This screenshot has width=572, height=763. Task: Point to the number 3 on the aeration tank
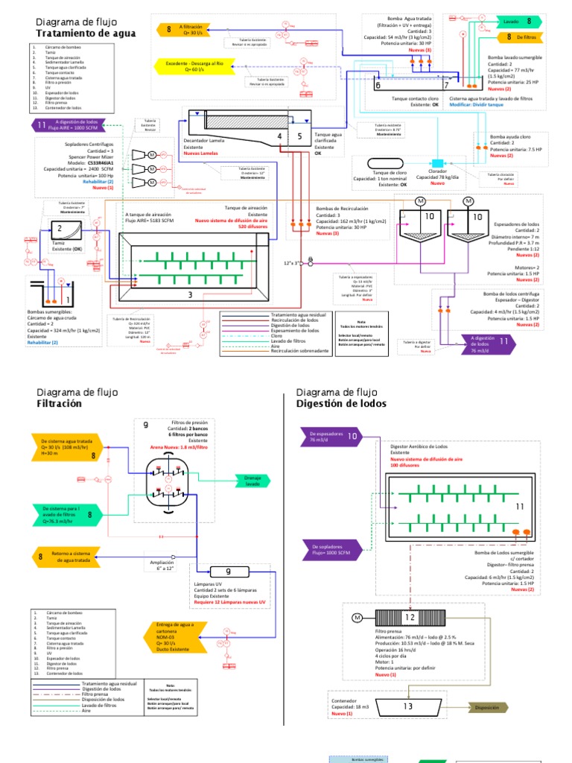coord(190,295)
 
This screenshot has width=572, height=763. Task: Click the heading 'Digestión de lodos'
coord(341,403)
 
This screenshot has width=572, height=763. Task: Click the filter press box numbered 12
coord(407,618)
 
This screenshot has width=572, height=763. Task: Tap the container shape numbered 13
coord(407,706)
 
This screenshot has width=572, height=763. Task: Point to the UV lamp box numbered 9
coord(229,572)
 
